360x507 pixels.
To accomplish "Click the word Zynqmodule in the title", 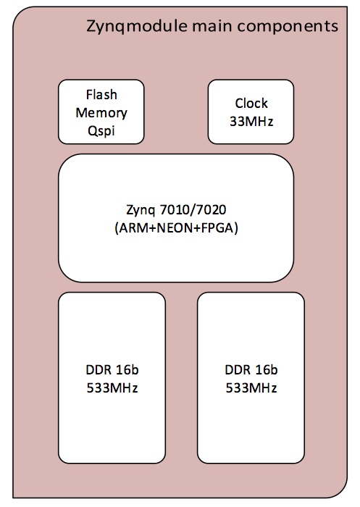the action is click(137, 26).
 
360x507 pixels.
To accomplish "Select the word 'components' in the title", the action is click(288, 27).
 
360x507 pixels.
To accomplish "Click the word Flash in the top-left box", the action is click(101, 95).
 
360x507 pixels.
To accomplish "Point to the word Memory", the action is click(101, 113).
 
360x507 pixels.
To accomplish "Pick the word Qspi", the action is click(101, 131).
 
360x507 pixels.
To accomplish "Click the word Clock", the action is click(251, 104).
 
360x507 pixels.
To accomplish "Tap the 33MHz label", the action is click(251, 122).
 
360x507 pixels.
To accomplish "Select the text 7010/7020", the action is click(193, 210).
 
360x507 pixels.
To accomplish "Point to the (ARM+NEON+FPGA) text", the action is click(176, 228).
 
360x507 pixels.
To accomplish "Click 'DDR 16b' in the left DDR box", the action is click(112, 370).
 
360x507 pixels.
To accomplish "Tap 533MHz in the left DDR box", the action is click(112, 388).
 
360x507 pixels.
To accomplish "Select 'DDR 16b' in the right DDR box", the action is click(251, 370).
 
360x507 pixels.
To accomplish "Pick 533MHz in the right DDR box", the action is click(251, 388).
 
